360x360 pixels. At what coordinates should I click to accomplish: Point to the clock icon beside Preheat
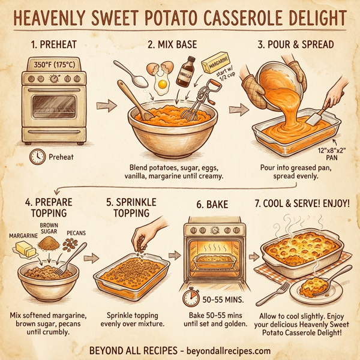[37, 157]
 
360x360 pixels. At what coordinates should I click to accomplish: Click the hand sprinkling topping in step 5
[146, 232]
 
